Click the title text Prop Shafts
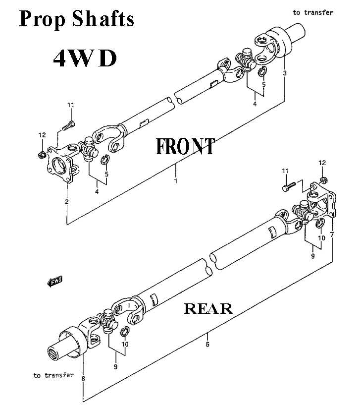(x=76, y=19)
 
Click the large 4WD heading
(x=85, y=58)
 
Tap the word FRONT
(x=185, y=146)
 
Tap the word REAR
(x=208, y=308)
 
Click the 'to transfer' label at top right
(x=312, y=12)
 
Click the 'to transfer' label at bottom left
(x=53, y=375)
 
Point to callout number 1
(x=175, y=181)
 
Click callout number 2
(x=66, y=201)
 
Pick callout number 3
(x=285, y=73)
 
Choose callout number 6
(x=207, y=344)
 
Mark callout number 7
(x=332, y=233)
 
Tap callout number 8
(x=83, y=379)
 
